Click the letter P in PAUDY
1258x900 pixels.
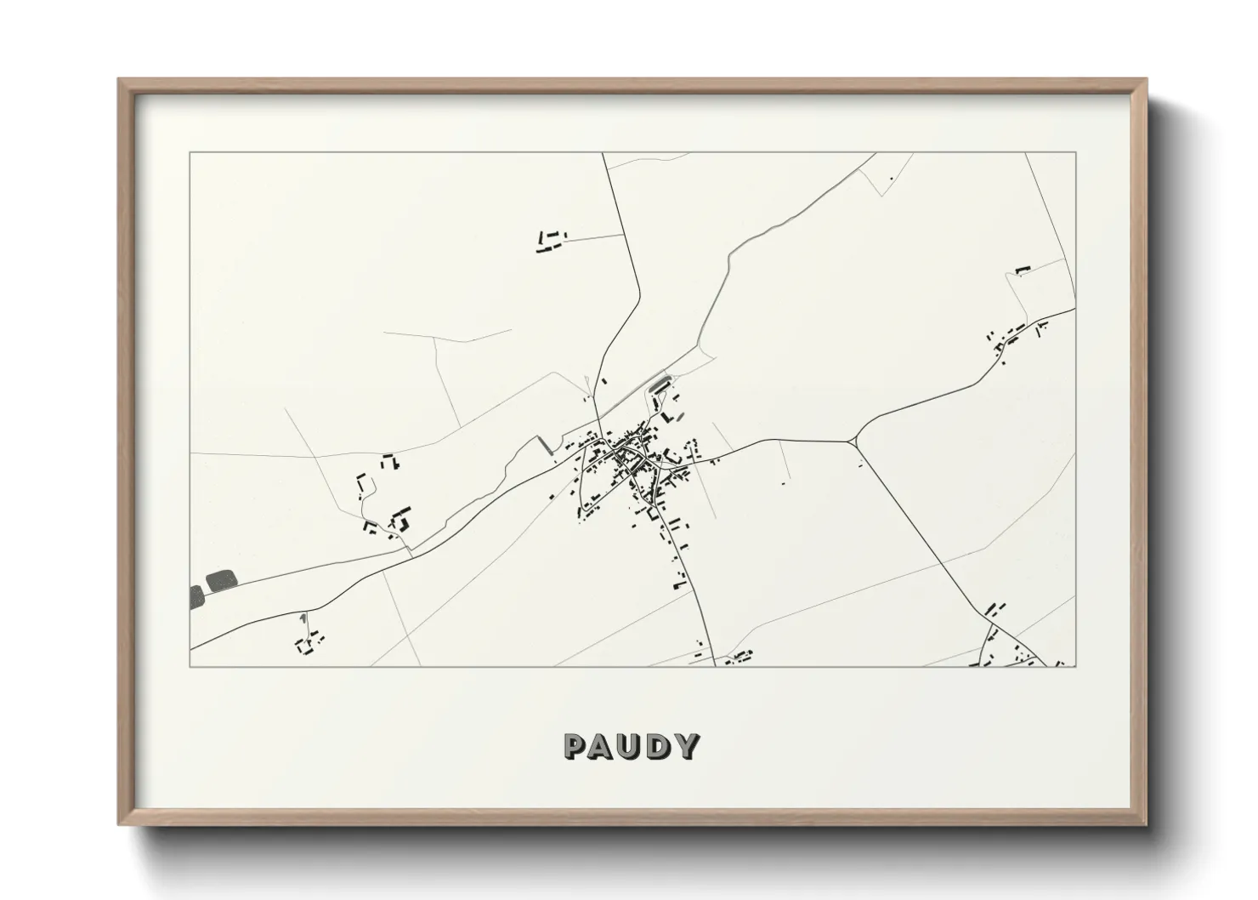(575, 746)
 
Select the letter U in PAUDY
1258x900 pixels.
(631, 746)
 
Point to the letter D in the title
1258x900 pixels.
(659, 746)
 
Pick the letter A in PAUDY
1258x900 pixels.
(603, 746)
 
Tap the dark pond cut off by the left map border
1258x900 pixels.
(196, 595)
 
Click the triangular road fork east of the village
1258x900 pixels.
(853, 440)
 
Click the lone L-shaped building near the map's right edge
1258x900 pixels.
(1023, 270)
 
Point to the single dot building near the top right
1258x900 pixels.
(891, 179)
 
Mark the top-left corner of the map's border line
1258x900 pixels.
(190, 153)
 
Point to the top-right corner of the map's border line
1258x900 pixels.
(1075, 153)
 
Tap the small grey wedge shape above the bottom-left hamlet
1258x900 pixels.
(303, 618)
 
